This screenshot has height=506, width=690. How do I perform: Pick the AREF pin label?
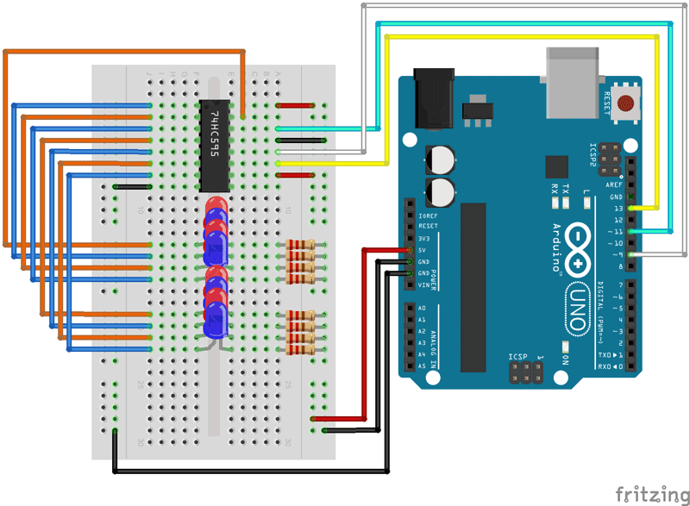point(613,184)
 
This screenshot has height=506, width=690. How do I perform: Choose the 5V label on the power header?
point(423,251)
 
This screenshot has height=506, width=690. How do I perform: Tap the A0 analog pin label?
point(422,309)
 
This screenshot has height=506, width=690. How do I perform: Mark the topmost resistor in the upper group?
point(299,246)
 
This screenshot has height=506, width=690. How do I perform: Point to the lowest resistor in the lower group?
point(299,350)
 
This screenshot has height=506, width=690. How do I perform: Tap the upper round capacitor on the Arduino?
point(442,159)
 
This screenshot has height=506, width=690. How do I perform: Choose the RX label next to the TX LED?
point(555,188)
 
